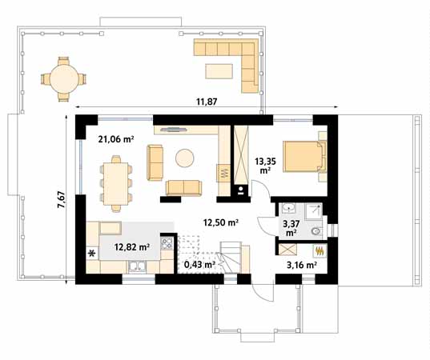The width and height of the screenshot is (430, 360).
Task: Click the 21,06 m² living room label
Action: coord(116,139)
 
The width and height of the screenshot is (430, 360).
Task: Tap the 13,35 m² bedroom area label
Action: coord(265,166)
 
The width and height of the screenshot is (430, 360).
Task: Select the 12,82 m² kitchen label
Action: coord(132,247)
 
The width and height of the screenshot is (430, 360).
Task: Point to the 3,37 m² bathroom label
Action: coord(291,228)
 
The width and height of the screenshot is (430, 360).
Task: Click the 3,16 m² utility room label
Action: coord(302,265)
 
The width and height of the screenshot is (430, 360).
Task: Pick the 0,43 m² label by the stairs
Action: coord(199,265)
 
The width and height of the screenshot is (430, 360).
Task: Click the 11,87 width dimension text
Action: coord(207,102)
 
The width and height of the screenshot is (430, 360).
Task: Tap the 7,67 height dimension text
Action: coord(61,199)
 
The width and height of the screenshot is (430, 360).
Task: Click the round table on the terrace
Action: coord(63,79)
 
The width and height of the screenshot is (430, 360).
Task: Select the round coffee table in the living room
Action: coord(185,158)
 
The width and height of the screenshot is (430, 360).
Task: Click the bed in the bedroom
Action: coord(304,157)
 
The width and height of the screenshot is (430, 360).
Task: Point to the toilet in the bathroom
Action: coord(316,231)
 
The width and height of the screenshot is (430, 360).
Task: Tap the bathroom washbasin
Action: coord(288,208)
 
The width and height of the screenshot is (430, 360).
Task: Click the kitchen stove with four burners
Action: coord(167,243)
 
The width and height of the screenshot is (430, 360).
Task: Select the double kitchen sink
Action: coord(137,267)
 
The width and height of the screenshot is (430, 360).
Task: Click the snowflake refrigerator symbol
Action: coord(92,254)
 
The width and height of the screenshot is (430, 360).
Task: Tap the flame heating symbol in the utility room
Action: coord(319,251)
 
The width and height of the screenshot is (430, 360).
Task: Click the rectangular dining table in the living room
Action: coord(116,183)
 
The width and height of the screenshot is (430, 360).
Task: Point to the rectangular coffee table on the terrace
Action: coord(219,71)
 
